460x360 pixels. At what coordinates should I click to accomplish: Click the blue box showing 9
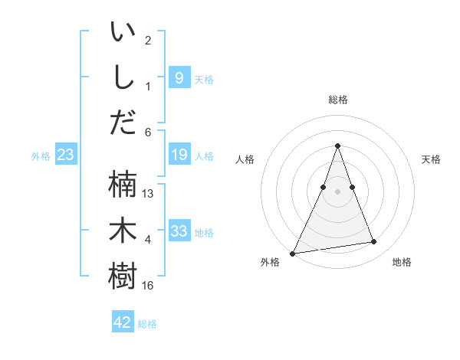179,78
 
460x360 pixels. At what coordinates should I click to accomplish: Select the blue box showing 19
179,155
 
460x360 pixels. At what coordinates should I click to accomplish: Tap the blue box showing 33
179,231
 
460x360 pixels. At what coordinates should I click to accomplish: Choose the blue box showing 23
66,155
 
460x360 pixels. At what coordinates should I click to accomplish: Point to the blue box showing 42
123,322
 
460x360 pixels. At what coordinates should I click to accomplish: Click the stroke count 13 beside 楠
149,194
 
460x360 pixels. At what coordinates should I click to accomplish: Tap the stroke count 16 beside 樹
149,286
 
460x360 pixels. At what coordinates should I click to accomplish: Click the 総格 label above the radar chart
337,100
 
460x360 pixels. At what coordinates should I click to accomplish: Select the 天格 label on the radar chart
431,159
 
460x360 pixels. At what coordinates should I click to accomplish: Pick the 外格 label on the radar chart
270,262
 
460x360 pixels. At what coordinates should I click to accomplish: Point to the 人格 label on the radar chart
245,159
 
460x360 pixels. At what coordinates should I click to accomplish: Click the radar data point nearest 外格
293,253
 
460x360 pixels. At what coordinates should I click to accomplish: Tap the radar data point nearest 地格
374,242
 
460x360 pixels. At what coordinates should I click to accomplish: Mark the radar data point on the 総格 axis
337,146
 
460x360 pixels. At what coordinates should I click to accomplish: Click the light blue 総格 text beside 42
148,324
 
